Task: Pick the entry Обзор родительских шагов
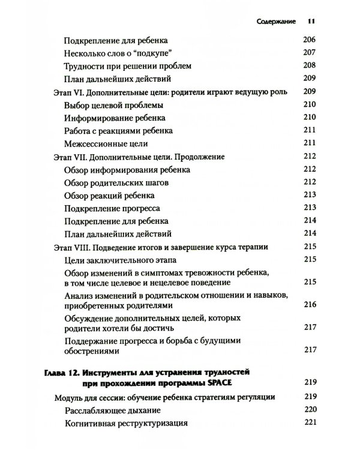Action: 113,182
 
